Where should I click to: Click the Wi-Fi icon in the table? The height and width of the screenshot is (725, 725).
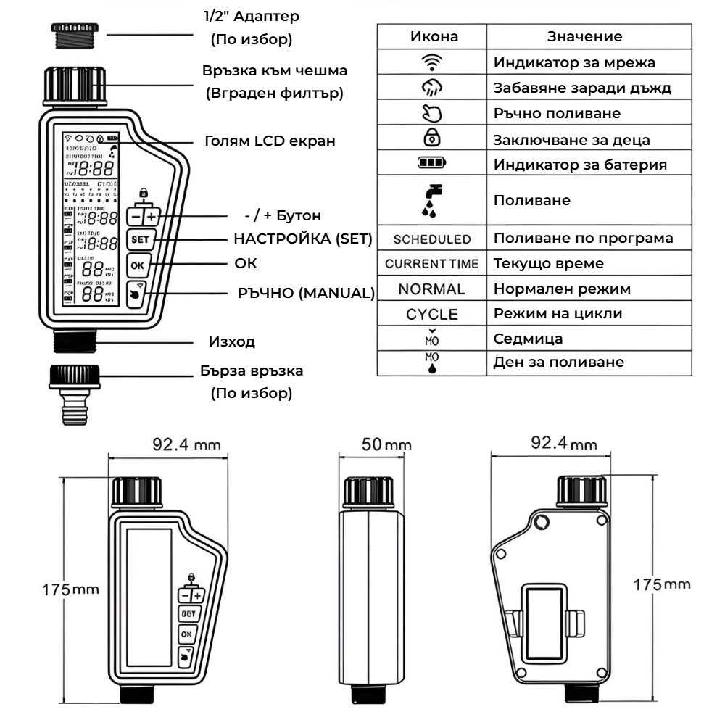(x=432, y=62)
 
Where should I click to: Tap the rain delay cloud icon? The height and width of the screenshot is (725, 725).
(x=432, y=88)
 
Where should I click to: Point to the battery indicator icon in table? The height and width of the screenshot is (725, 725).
(x=432, y=165)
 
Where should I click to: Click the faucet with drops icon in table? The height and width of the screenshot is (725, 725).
(x=432, y=199)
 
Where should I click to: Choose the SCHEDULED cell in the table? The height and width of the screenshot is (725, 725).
(x=432, y=239)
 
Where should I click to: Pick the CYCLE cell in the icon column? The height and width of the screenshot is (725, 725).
(x=432, y=315)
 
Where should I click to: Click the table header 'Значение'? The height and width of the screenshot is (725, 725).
(x=584, y=36)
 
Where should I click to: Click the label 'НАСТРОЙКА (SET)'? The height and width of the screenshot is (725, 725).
(x=302, y=239)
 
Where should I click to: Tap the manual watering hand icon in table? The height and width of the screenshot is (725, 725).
(x=432, y=114)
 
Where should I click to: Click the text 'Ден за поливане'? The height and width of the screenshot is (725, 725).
(x=558, y=361)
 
